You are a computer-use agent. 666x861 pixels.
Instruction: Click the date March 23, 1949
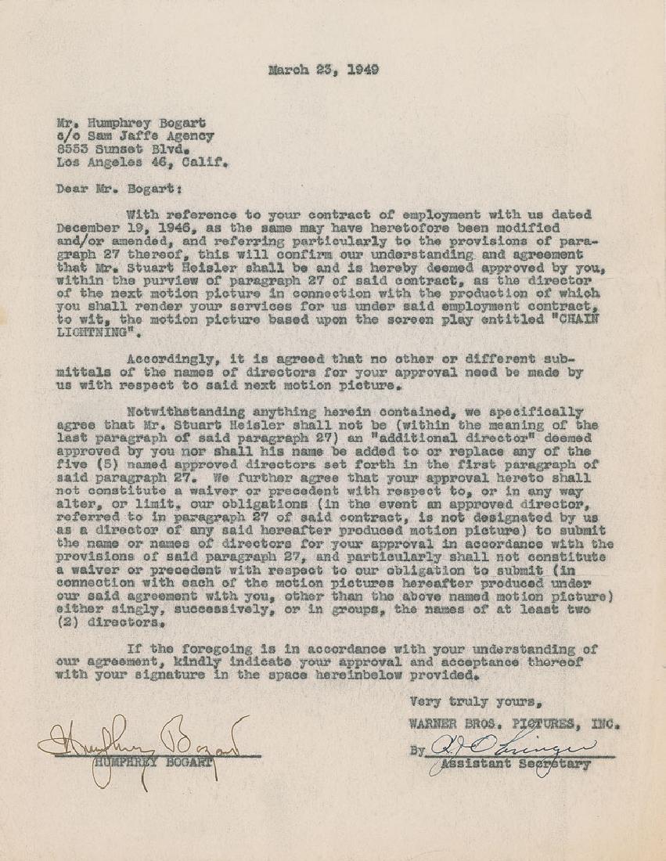click(x=323, y=70)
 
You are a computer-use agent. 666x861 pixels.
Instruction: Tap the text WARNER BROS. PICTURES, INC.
click(x=514, y=724)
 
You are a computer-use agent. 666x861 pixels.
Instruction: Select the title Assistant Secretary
click(x=517, y=765)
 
